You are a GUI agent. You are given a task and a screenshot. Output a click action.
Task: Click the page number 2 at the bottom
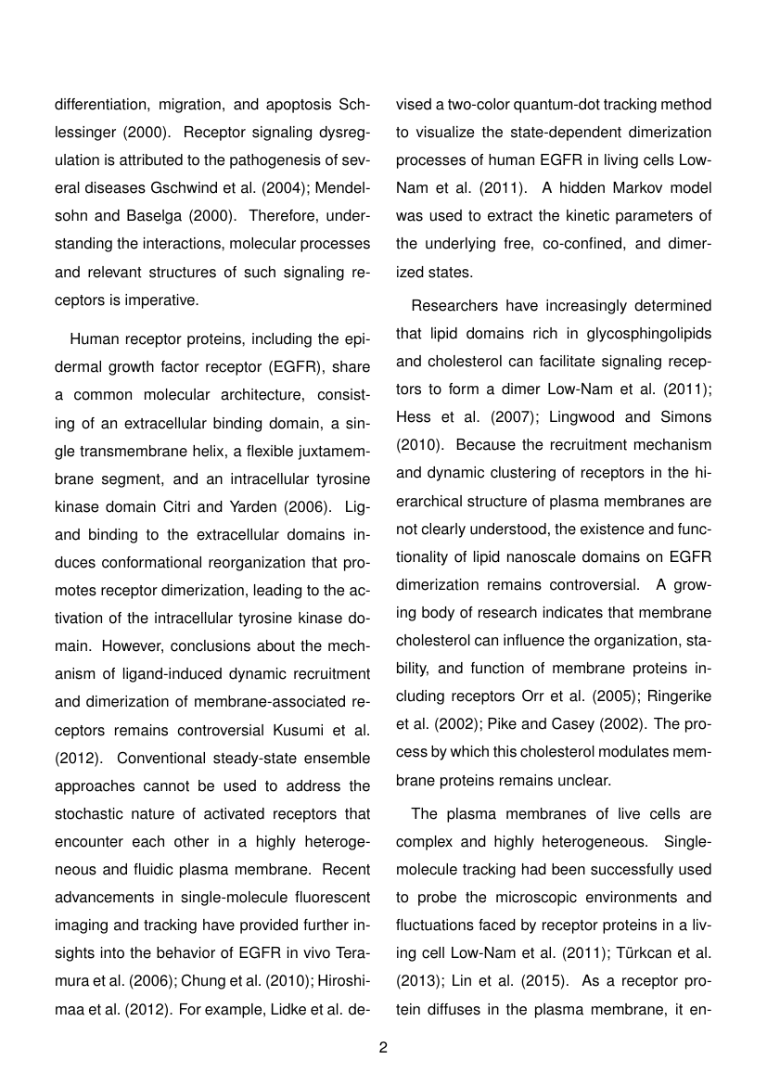click(x=383, y=1048)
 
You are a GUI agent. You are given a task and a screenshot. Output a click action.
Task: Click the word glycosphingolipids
click(x=624, y=330)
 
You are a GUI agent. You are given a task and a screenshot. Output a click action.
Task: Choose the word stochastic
click(x=88, y=812)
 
